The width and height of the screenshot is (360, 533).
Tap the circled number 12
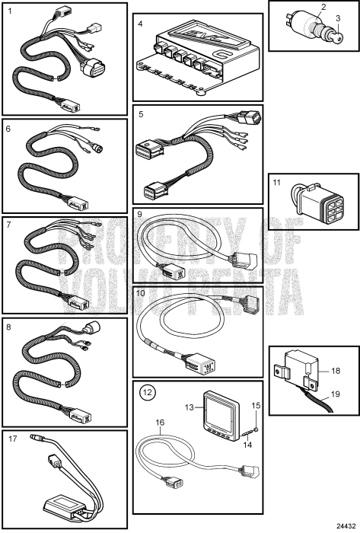coord(147,394)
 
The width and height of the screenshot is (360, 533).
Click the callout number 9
coord(140,215)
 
